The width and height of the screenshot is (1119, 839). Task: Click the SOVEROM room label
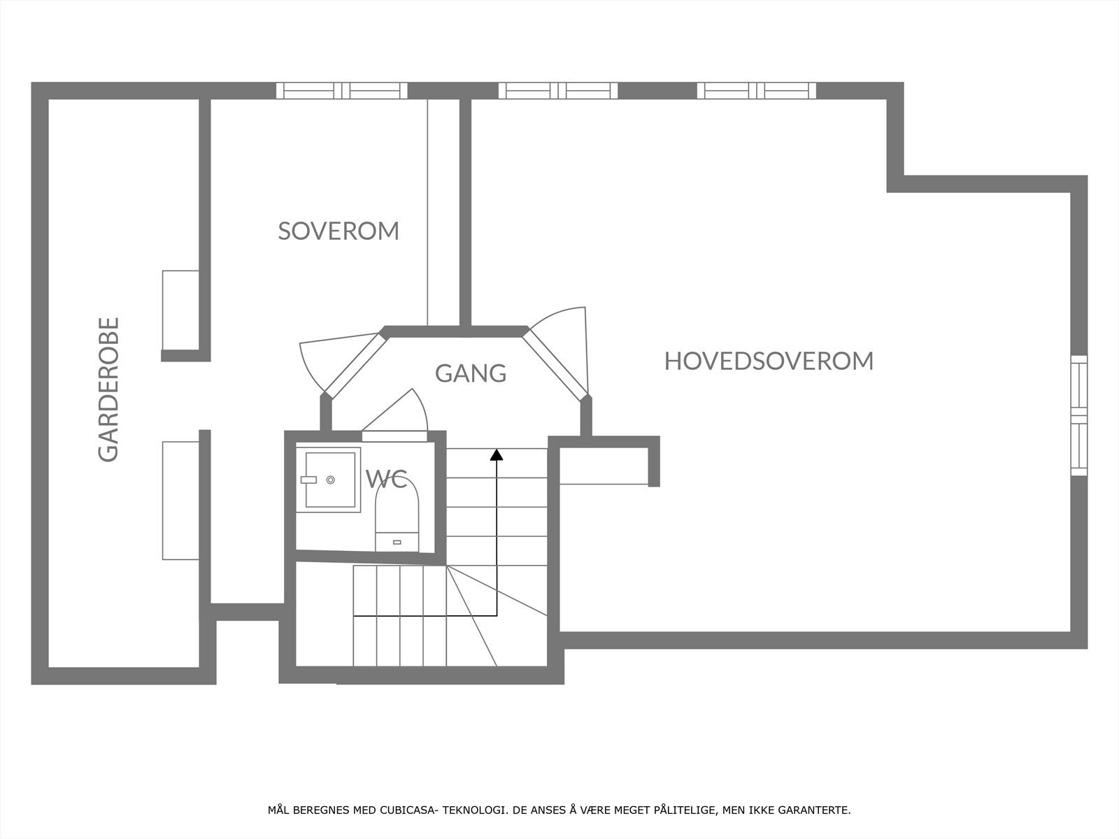(x=338, y=231)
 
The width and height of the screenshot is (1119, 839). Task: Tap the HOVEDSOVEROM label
(x=769, y=361)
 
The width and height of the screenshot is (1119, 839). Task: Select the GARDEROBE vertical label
(x=108, y=389)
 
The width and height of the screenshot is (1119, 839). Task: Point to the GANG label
(x=471, y=373)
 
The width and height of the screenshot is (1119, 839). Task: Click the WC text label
(x=387, y=479)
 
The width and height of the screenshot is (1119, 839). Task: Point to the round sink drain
(x=330, y=480)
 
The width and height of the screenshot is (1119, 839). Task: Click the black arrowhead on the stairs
(x=496, y=454)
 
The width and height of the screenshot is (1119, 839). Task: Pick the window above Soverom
(x=341, y=91)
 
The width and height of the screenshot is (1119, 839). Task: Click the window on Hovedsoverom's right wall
(x=1078, y=416)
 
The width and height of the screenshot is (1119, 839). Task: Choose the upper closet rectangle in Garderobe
(x=180, y=310)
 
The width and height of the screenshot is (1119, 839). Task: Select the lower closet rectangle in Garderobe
(x=180, y=501)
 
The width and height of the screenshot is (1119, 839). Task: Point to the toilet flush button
(x=397, y=542)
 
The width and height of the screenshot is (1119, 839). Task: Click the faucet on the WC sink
(x=308, y=480)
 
